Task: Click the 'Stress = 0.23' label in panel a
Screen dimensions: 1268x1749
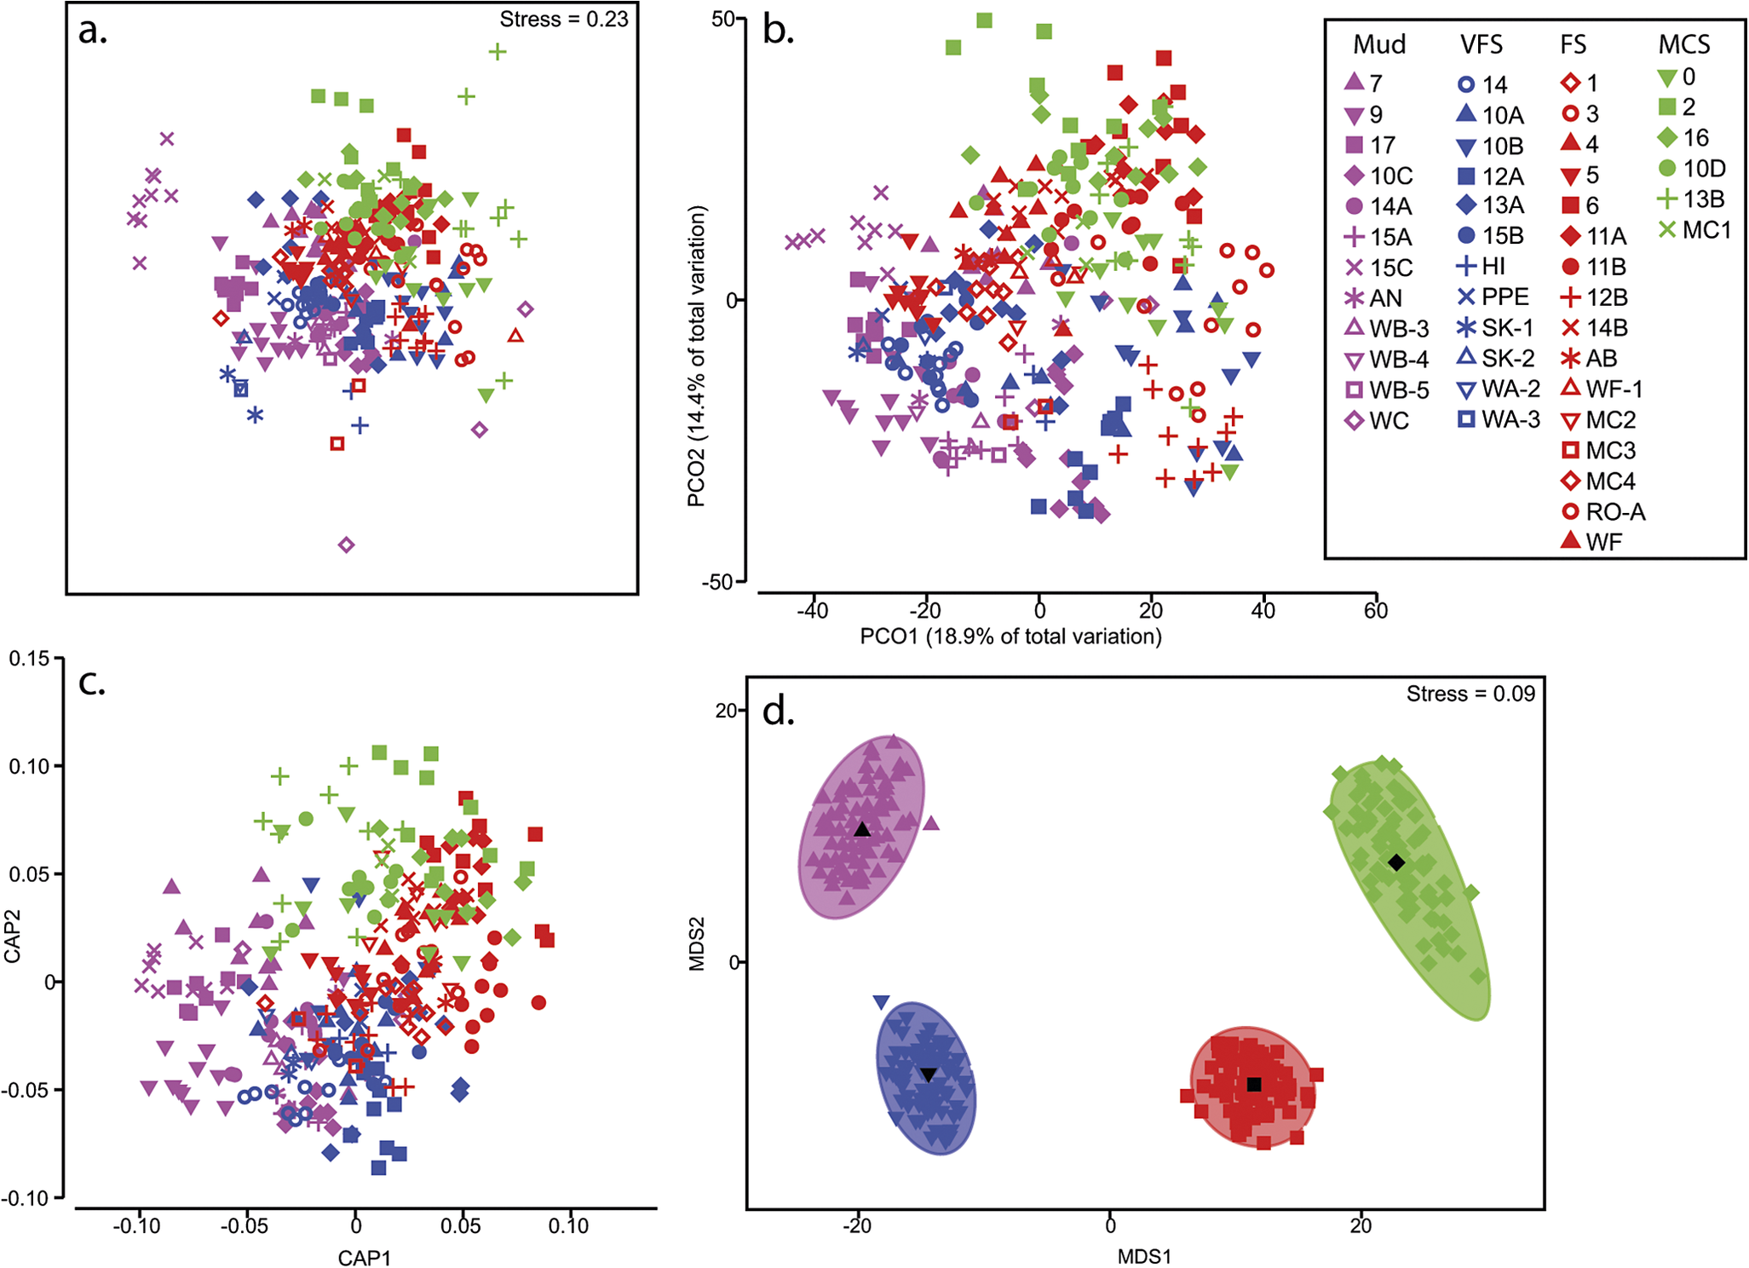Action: [563, 19]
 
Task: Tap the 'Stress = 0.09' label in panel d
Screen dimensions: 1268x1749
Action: [1470, 694]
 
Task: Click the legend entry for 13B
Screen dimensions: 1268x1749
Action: [1690, 199]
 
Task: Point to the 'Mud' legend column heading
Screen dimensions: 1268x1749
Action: [1379, 44]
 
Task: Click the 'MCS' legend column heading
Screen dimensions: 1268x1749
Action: [1684, 44]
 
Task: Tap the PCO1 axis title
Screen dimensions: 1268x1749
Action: [1010, 637]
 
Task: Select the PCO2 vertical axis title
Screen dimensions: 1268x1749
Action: [697, 356]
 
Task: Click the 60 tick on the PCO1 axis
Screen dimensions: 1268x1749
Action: [1376, 610]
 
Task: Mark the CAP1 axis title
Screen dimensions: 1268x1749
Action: [364, 1258]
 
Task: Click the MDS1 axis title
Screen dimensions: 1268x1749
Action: [1144, 1256]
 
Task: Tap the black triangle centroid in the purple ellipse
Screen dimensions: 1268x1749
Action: [862, 830]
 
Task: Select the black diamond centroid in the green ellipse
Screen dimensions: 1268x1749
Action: [1396, 862]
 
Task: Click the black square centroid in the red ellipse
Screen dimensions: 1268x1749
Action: [1254, 1085]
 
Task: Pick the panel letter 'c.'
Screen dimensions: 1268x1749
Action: [92, 682]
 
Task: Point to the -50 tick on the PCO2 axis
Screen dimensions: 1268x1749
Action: [717, 582]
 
